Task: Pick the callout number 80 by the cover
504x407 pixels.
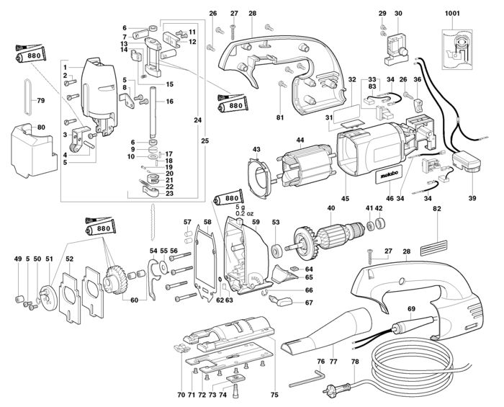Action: point(40,128)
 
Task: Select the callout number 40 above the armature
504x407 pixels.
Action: point(330,209)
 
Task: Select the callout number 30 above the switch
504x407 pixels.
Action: point(398,13)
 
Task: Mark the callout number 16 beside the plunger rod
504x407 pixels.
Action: point(171,102)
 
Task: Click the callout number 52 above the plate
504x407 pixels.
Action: point(69,259)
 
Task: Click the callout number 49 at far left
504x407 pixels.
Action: point(17,259)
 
